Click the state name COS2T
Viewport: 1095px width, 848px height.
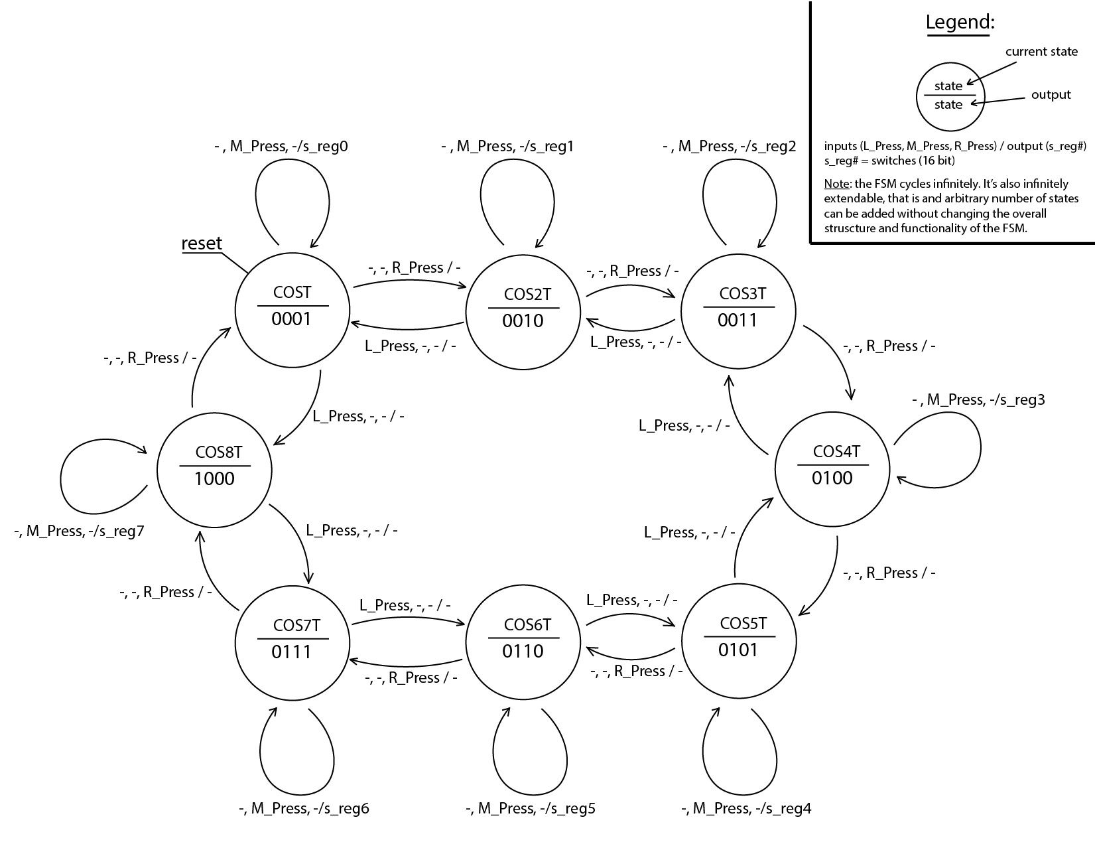[527, 294]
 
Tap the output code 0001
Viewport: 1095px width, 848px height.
[291, 318]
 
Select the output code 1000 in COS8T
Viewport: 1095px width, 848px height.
[214, 478]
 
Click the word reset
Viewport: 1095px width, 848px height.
[202, 243]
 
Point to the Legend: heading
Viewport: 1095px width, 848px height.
[960, 22]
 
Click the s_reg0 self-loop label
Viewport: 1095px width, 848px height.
[281, 146]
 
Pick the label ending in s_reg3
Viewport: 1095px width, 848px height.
[978, 400]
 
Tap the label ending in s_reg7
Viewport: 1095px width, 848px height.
[79, 531]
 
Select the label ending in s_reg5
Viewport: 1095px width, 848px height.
[531, 808]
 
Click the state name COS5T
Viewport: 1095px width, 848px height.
[743, 623]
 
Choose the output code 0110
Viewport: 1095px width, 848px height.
[523, 651]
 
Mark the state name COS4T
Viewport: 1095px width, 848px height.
[836, 451]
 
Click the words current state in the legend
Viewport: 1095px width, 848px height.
[1041, 52]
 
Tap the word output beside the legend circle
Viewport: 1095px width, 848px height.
[1051, 95]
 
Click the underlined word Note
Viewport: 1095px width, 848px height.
[836, 184]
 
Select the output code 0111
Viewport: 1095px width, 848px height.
[291, 652]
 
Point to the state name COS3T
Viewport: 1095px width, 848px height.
[742, 293]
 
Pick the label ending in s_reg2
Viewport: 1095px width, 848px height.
[729, 146]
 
